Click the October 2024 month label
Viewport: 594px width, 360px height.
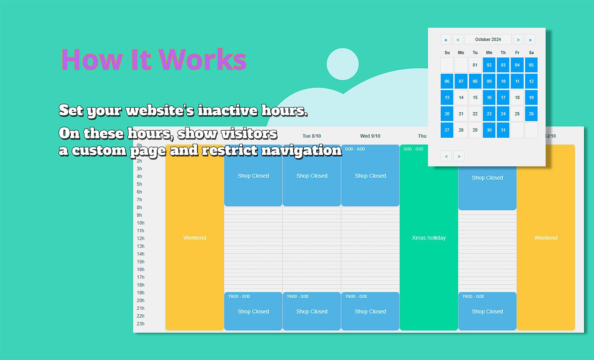[488, 39]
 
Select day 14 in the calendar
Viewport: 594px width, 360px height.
[461, 98]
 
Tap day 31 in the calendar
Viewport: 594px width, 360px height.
[503, 130]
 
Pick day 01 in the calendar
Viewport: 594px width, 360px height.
[475, 65]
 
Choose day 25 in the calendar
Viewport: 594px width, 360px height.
[517, 114]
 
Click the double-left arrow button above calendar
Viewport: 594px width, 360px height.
[446, 39]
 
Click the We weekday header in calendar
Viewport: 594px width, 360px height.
[489, 52]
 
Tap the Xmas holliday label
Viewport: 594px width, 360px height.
[428, 238]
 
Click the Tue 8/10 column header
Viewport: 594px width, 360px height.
[312, 136]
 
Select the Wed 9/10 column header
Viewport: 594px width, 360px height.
[370, 136]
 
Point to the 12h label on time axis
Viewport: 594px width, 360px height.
[141, 239]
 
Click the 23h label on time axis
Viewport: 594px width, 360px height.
[141, 324]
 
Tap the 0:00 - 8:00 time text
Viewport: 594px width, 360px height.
[355, 149]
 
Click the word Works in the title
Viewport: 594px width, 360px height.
[203, 60]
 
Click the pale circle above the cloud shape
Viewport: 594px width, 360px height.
[343, 64]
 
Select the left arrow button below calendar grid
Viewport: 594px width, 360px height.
[446, 156]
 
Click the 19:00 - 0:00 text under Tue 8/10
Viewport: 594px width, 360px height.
[297, 296]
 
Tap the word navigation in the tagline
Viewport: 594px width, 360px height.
[298, 151]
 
